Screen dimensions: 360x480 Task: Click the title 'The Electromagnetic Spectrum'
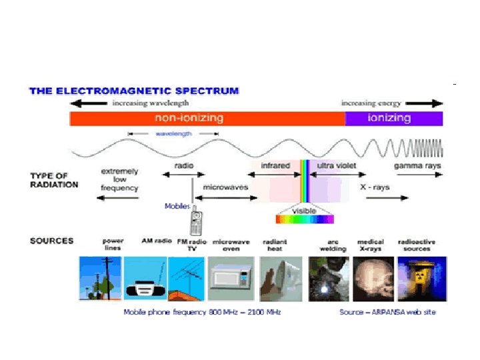pos(134,91)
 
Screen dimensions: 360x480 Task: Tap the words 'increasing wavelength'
pos(150,103)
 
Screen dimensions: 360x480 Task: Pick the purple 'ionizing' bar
pos(393,118)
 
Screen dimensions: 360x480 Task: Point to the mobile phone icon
pos(196,222)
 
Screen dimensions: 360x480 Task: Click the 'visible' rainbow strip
pos(305,218)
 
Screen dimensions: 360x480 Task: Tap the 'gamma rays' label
pos(417,165)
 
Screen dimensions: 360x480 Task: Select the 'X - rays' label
pos(375,187)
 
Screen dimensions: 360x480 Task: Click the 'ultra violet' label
pos(337,165)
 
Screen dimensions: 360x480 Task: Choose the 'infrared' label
pos(274,165)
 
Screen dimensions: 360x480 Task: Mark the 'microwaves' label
pos(225,187)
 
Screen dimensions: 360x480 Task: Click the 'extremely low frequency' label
pos(119,180)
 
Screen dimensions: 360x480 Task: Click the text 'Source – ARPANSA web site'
pos(387,312)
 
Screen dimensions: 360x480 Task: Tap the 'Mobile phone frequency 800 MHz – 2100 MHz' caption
pos(203,312)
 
